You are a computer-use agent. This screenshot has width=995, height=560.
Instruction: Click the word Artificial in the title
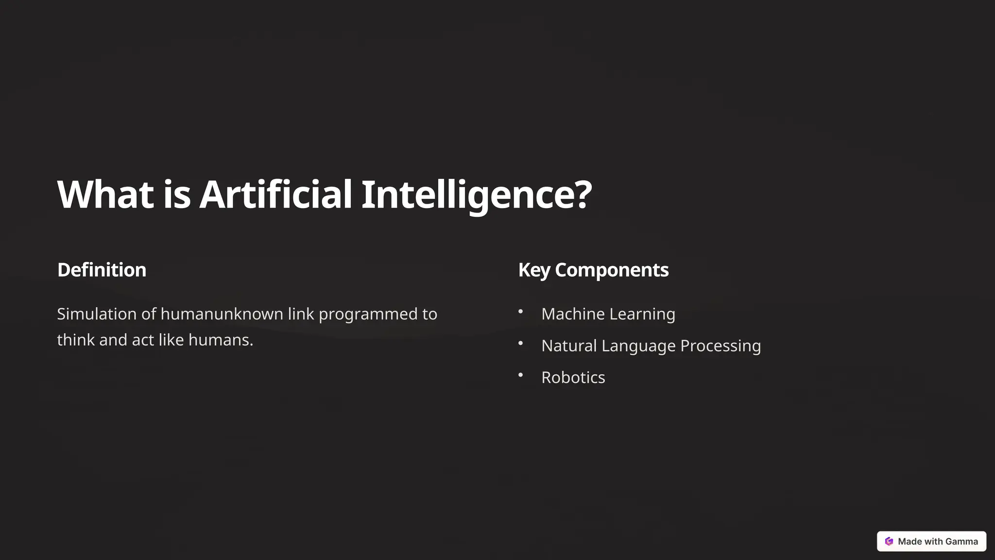[x=275, y=194]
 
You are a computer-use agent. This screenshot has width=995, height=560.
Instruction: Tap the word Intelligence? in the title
[x=476, y=194]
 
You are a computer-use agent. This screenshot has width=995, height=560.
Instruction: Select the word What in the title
[x=105, y=194]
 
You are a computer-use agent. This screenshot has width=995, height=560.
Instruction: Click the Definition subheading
[x=102, y=270]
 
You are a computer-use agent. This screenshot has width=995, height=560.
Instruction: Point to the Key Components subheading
[x=593, y=270]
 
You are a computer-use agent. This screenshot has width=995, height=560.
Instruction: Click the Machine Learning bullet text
[x=608, y=314]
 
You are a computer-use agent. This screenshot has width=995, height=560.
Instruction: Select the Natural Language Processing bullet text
[x=651, y=346]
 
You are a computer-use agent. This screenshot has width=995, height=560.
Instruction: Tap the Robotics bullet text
[x=573, y=378]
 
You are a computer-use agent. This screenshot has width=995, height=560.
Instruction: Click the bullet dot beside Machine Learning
[x=520, y=312]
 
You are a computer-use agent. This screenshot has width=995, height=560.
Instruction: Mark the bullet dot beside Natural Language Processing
[x=520, y=343]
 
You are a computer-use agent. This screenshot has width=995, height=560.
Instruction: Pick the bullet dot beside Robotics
[x=520, y=375]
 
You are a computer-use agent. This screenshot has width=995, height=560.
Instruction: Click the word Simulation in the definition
[x=97, y=314]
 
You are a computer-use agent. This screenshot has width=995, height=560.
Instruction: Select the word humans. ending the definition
[x=221, y=340]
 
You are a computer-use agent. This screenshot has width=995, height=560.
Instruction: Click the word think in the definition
[x=76, y=340]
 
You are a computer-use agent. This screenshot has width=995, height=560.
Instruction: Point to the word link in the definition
[x=301, y=314]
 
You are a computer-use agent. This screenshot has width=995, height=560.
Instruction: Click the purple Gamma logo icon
[x=889, y=542]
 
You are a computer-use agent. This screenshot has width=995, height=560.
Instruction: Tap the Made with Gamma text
[x=938, y=542]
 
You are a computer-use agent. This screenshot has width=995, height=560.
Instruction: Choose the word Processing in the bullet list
[x=721, y=346]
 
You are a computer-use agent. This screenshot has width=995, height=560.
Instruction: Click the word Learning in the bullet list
[x=642, y=314]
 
